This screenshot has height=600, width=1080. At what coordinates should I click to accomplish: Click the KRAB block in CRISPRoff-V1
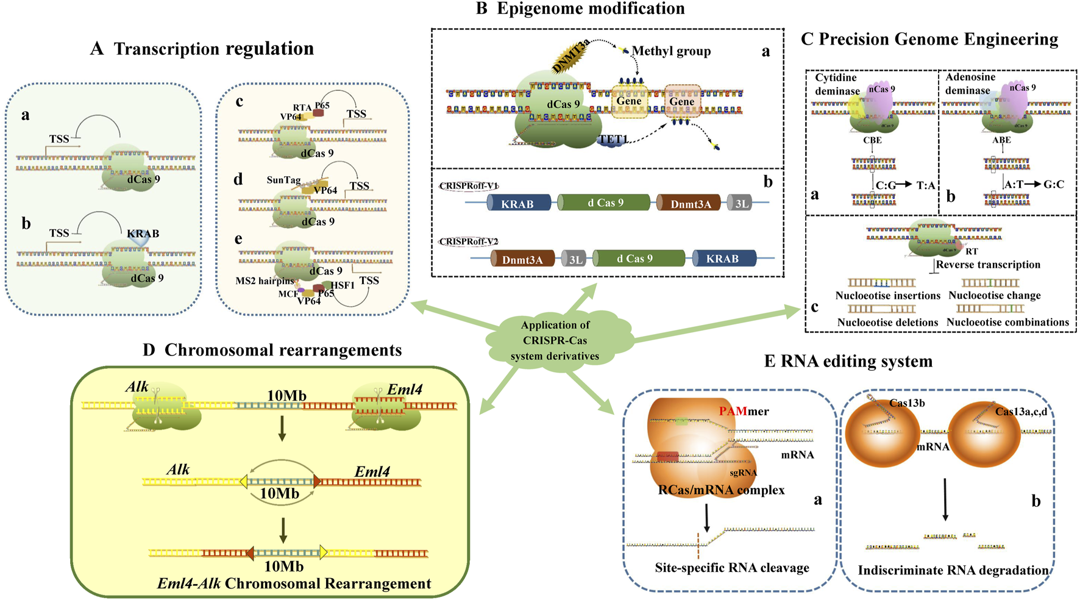(518, 204)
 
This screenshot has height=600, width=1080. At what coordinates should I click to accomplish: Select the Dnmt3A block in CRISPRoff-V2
(522, 260)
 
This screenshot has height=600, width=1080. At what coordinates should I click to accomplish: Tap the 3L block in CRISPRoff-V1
(741, 204)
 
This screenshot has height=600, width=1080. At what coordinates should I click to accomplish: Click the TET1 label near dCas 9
(613, 140)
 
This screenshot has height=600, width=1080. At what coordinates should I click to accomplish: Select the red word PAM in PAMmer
(733, 412)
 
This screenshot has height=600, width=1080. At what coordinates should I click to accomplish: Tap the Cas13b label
(907, 403)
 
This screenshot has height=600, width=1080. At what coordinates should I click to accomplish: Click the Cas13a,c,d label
(1021, 412)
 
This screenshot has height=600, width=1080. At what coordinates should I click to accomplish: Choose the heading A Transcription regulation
(202, 49)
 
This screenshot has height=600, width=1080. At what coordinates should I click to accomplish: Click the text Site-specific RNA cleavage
(732, 568)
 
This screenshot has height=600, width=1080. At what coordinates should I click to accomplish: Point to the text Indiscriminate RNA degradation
(953, 570)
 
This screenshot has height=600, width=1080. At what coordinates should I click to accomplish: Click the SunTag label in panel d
(283, 180)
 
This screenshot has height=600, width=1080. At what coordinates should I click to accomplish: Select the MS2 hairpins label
(265, 281)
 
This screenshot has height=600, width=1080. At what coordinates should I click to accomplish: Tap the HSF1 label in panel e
(343, 285)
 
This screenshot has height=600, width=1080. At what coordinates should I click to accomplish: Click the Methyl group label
(671, 51)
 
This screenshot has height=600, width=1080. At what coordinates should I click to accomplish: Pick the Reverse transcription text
(988, 265)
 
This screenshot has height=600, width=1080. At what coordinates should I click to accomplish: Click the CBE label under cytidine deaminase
(872, 140)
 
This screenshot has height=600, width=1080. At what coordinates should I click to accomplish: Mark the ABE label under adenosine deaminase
(1001, 140)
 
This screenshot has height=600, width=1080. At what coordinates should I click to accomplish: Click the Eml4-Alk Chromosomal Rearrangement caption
(294, 584)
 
